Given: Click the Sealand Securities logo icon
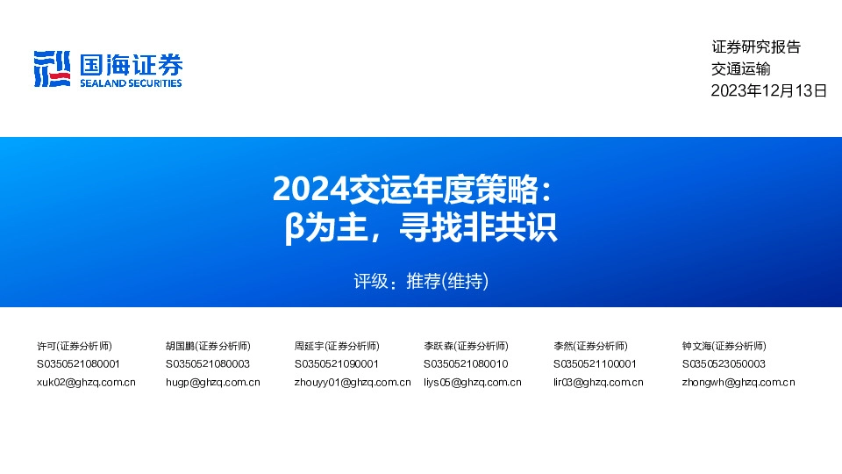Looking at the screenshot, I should (52, 68).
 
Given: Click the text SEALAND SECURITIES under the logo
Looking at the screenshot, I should (131, 83).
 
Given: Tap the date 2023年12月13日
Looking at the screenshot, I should (768, 90).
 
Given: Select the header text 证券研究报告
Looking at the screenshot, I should (756, 47).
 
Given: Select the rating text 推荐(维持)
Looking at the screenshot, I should (446, 282).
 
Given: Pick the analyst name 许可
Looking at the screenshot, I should (46, 346).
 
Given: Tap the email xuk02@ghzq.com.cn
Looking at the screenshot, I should (86, 382).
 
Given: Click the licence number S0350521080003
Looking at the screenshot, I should (207, 363).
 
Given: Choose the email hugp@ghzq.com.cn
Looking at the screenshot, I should (212, 382).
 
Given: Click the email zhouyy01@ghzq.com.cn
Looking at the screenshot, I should (353, 382).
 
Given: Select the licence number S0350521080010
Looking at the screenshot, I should (466, 363).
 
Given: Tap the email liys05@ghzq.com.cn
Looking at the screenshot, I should (472, 382).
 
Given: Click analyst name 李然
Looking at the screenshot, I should (563, 346).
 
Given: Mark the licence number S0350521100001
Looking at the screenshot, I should (595, 363).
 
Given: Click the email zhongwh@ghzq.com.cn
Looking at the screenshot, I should (739, 382).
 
